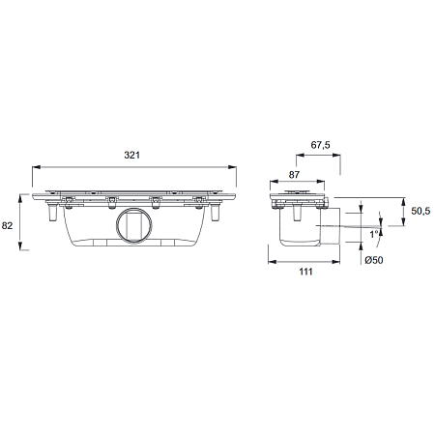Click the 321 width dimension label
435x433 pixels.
(132, 155)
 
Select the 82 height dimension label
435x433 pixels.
(7, 225)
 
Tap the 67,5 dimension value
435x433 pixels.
(320, 145)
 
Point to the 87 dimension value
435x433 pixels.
(294, 175)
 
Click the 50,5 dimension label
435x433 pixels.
(420, 211)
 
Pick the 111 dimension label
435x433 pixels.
(305, 272)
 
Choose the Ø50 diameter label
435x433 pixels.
(374, 260)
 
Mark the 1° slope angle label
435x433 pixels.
(374, 234)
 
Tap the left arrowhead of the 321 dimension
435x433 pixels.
(36, 167)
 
